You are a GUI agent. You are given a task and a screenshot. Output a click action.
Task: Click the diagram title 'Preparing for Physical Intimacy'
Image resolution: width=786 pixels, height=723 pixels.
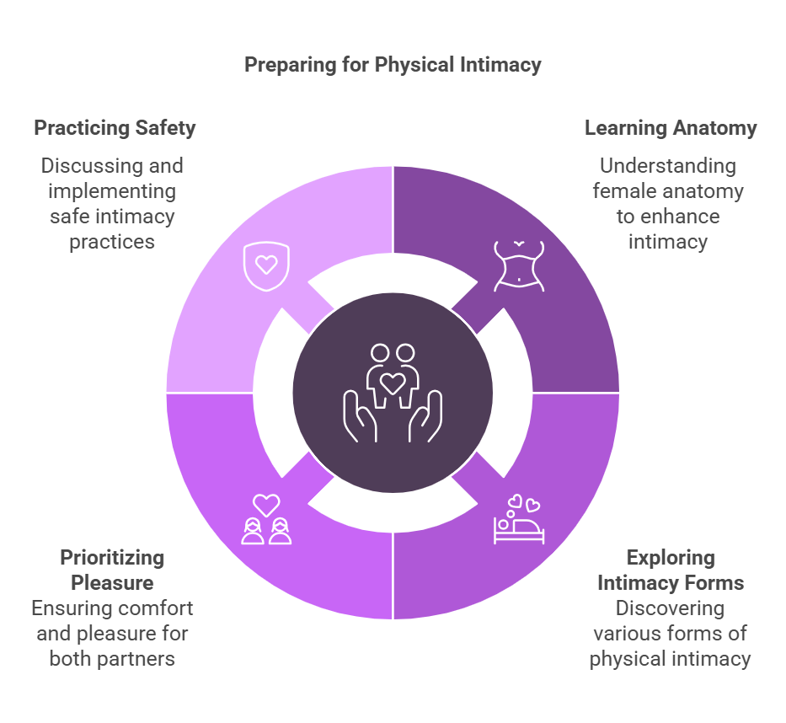(x=393, y=65)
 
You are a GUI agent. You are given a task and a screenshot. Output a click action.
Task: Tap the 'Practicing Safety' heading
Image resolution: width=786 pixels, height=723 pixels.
(x=115, y=128)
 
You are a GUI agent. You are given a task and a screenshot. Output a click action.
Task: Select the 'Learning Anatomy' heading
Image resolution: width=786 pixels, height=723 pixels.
(x=671, y=128)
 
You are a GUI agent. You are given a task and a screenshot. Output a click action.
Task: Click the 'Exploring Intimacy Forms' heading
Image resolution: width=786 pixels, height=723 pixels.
(x=671, y=570)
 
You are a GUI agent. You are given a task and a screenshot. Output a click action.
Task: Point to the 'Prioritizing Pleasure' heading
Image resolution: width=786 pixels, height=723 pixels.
(x=112, y=570)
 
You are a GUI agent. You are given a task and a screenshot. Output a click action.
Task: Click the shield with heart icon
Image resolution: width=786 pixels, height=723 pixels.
(x=266, y=265)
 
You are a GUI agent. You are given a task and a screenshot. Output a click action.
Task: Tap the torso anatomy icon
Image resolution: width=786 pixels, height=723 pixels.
(x=519, y=265)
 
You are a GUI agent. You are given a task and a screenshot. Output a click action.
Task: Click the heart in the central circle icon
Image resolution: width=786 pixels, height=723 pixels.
(x=393, y=383)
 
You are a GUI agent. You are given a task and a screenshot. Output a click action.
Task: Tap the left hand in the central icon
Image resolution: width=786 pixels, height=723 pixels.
(x=361, y=416)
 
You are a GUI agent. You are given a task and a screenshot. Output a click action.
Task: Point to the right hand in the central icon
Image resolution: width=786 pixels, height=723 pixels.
(x=425, y=416)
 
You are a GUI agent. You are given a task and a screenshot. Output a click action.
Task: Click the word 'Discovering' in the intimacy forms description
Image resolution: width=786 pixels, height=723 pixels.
(x=670, y=608)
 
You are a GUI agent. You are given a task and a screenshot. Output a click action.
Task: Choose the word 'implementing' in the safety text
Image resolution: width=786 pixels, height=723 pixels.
(x=112, y=191)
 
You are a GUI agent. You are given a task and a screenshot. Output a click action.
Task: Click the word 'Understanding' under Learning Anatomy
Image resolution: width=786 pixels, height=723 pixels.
(x=667, y=166)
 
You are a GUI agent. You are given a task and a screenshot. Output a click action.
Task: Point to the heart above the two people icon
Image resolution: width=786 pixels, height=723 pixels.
(x=266, y=505)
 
